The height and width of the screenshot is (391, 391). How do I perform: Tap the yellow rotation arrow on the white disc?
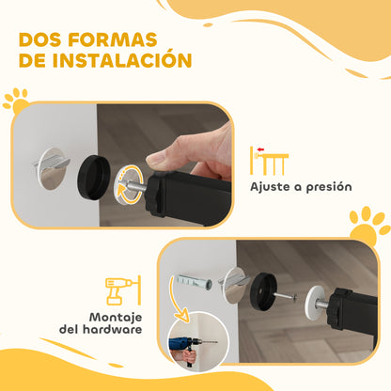pos(129,182)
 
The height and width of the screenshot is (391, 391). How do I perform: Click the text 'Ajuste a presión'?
pos(300,186)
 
